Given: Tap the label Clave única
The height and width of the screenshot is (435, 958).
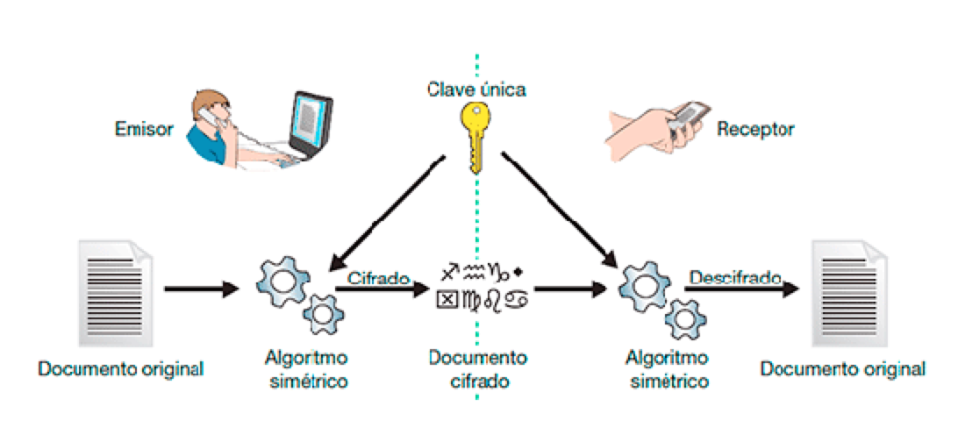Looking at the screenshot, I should tap(477, 89).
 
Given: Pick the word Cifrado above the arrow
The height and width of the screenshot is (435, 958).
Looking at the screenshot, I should tap(379, 279).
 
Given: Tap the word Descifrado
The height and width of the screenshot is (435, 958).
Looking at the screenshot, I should tap(735, 278).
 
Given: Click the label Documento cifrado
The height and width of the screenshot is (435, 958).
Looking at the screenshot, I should tap(478, 369).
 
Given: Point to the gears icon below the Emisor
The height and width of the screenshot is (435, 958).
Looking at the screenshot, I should tap(294, 295).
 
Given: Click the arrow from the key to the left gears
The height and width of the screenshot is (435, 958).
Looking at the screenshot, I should tap(386, 210).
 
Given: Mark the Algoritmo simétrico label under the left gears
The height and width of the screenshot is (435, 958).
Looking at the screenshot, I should tap(305, 369).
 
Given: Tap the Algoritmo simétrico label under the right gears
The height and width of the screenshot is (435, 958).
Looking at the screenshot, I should tap(668, 369).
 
